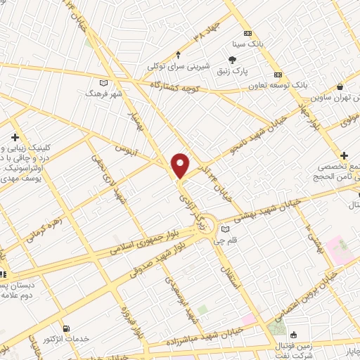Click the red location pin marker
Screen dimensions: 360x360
click(181, 165)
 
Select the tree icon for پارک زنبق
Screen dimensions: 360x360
click(232, 60)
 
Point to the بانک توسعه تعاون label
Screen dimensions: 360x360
click(277, 84)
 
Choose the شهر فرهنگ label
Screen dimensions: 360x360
click(103, 93)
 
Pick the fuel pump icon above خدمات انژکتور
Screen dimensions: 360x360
click(67, 328)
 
